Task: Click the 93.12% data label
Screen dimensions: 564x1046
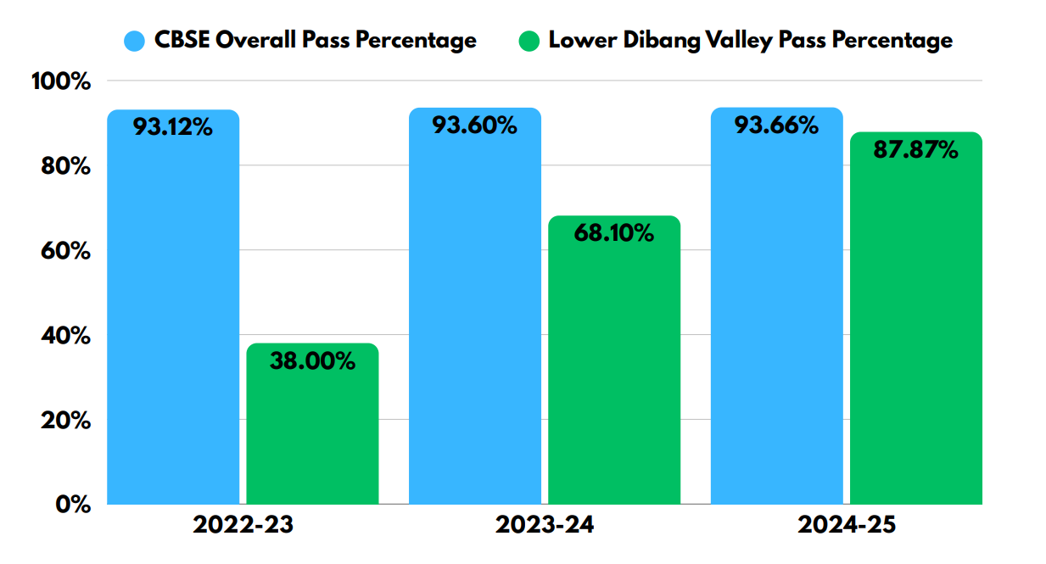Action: coord(173,128)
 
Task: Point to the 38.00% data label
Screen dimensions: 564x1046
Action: coord(312,361)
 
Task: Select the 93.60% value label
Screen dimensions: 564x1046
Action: coord(475,126)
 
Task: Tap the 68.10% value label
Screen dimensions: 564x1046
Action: coord(614,233)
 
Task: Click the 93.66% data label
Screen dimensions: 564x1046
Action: coord(776,126)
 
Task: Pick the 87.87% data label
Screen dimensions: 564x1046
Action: coord(916,151)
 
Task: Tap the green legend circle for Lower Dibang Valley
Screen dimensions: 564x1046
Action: coord(530,40)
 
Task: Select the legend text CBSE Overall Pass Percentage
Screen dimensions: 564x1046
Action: coord(315,40)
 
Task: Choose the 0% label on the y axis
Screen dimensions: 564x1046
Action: coord(74,505)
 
